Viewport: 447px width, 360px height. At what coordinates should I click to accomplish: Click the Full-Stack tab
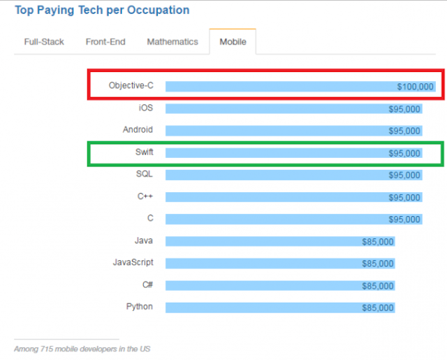[x=44, y=42]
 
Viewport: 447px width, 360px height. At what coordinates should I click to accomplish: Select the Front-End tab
[x=105, y=42]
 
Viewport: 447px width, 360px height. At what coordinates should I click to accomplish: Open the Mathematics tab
[x=173, y=42]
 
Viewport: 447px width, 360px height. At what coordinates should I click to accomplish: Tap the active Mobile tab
[x=233, y=42]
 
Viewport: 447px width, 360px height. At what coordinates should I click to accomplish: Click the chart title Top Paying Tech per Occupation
[x=102, y=10]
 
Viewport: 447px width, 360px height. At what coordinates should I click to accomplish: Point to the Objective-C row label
[x=131, y=86]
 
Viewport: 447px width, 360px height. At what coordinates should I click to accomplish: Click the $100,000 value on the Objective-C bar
[x=415, y=87]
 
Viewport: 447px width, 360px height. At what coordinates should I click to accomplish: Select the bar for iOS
[x=293, y=109]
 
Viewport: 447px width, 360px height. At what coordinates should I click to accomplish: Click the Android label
[x=138, y=130]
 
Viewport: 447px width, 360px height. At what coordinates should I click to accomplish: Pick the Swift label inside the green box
[x=145, y=152]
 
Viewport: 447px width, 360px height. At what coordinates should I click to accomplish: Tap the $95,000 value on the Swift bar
[x=404, y=154]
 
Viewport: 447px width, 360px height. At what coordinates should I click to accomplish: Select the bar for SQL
[x=293, y=175]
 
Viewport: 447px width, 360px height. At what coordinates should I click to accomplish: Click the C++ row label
[x=145, y=196]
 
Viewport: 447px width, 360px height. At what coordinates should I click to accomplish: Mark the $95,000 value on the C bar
[x=404, y=219]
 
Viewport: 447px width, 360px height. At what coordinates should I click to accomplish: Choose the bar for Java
[x=279, y=242]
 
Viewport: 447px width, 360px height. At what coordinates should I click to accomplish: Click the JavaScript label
[x=133, y=263]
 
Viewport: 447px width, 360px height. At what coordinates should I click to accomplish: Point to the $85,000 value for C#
[x=378, y=286]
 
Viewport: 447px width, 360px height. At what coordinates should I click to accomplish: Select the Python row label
[x=139, y=307]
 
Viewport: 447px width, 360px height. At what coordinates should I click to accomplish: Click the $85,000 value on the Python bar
[x=378, y=308]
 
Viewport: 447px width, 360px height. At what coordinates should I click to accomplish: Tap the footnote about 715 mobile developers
[x=82, y=348]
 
